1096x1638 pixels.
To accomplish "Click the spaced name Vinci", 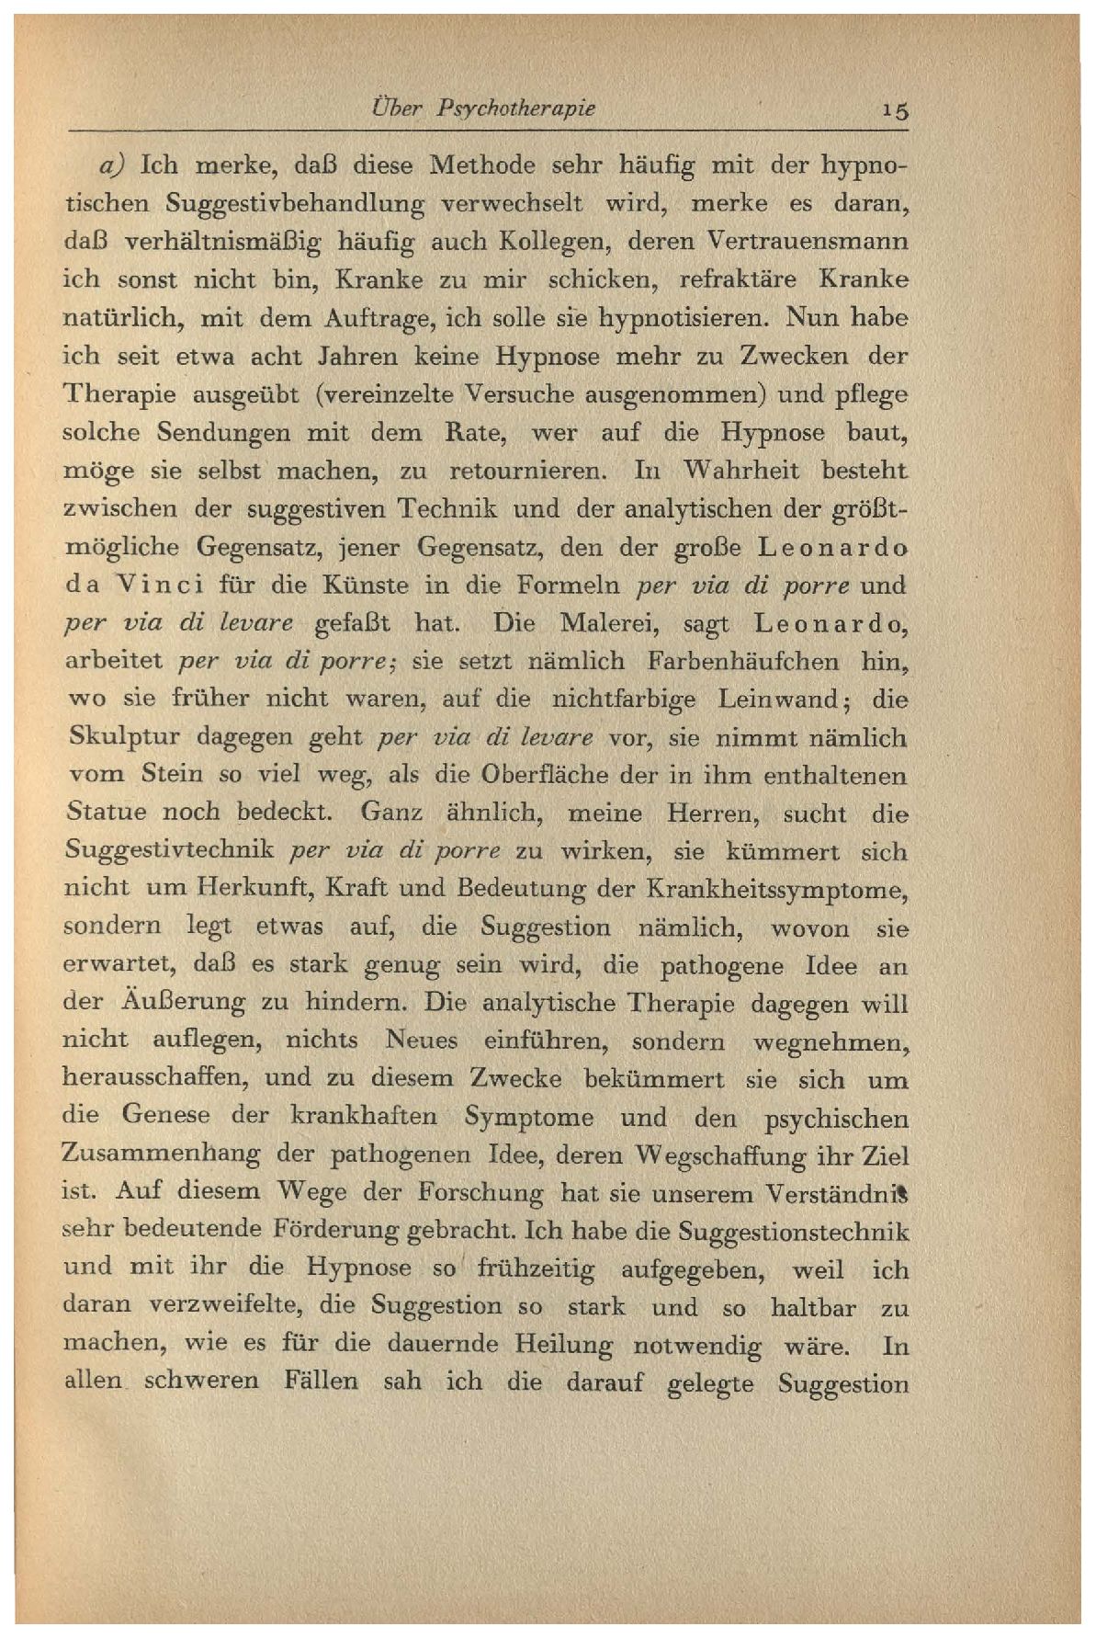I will click(x=170, y=585).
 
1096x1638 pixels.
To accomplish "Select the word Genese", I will click(x=165, y=1117).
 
